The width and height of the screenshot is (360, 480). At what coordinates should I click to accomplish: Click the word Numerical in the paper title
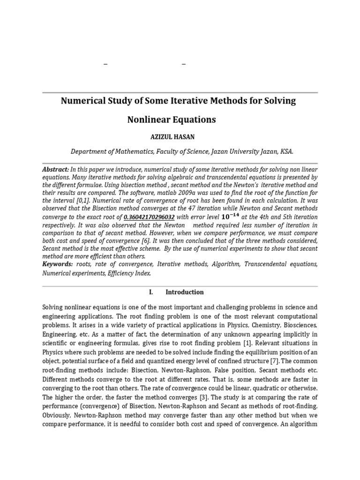pos(85,101)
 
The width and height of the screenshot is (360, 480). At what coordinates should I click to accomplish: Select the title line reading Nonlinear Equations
pos(172,120)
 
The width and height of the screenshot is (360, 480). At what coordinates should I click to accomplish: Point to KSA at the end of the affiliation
pos(286,151)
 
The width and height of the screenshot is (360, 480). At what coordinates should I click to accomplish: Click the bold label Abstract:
pos(56,169)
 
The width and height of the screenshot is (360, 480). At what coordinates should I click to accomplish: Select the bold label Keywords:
pos(58,264)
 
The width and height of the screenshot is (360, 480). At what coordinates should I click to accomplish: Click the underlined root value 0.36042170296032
pos(149,217)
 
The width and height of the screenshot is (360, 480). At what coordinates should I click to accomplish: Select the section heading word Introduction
pos(185,292)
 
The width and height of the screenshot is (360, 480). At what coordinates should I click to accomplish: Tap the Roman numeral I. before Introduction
pos(151,292)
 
